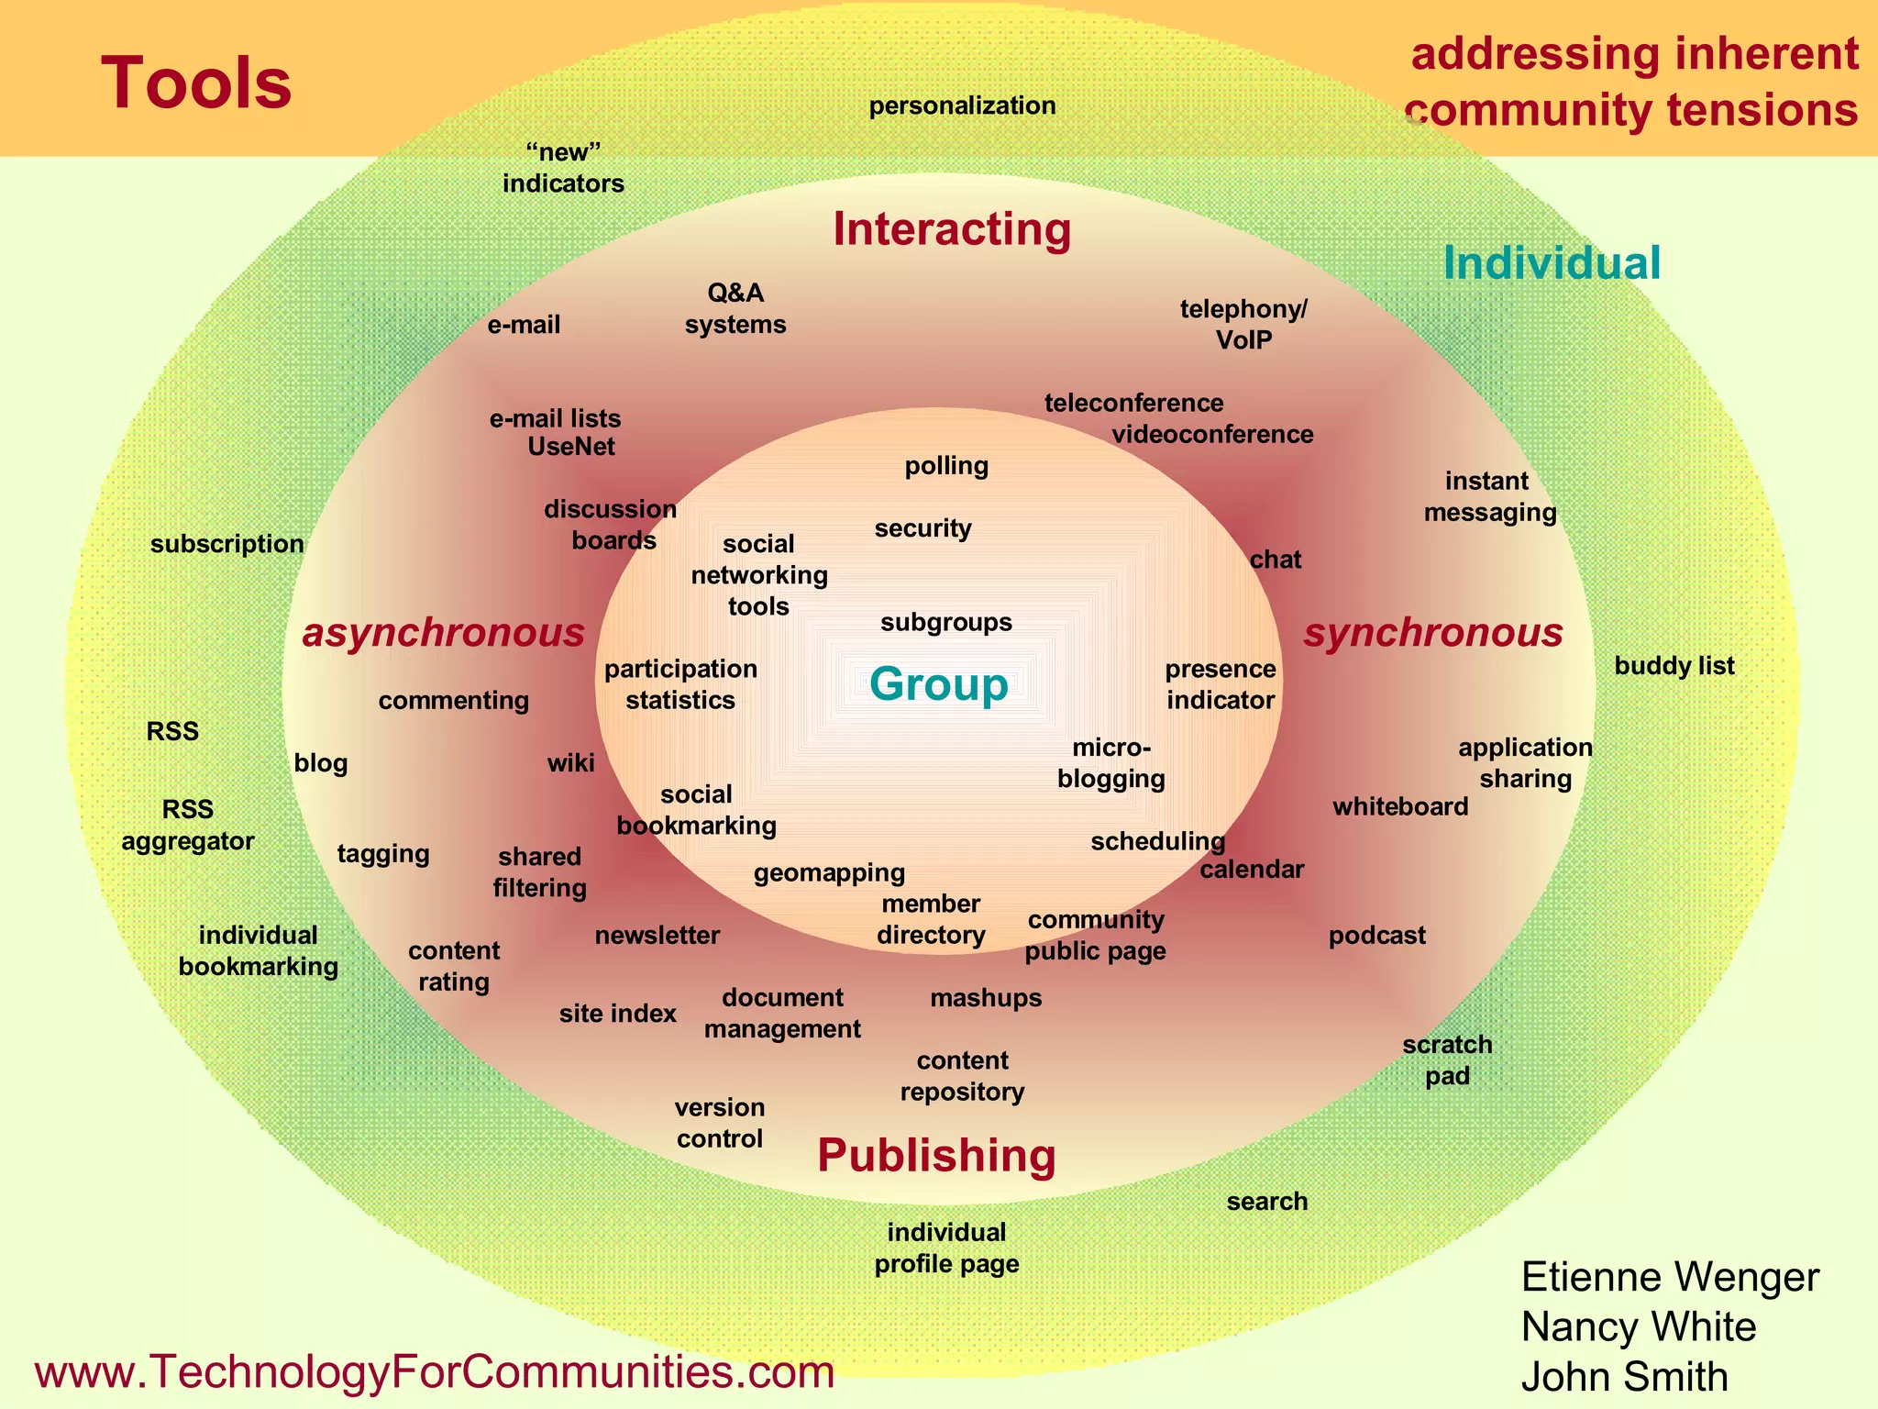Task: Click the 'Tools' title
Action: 196,83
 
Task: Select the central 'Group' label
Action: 938,684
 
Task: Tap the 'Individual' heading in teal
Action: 1552,263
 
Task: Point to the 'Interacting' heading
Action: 952,228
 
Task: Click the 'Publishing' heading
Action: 936,1155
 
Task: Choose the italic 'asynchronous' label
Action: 443,633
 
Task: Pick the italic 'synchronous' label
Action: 1433,633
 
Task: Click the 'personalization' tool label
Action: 962,105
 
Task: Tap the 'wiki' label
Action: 570,763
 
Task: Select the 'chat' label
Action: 1276,560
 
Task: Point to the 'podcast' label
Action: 1377,936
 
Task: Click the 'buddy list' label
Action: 1674,666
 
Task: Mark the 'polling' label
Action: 946,466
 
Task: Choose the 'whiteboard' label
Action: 1400,807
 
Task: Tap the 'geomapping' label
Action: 829,873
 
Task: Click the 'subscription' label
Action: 227,544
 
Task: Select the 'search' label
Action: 1267,1202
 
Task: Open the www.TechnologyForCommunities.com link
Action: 435,1372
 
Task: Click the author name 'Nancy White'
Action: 1639,1327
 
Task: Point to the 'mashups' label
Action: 986,998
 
